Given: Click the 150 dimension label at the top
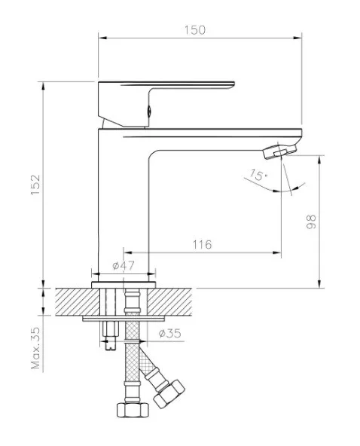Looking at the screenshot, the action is (x=195, y=30).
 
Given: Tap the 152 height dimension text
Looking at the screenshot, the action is (x=36, y=185).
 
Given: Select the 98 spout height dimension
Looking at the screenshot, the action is (x=311, y=221).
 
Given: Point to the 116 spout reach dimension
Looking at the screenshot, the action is (x=202, y=245).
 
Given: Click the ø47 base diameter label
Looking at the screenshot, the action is (x=123, y=266).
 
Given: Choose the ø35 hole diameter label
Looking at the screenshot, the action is (x=169, y=333).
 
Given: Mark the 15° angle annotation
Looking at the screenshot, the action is (x=258, y=175).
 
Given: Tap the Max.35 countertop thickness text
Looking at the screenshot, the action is (x=36, y=348).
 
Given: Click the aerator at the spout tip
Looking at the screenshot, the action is (x=280, y=151).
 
